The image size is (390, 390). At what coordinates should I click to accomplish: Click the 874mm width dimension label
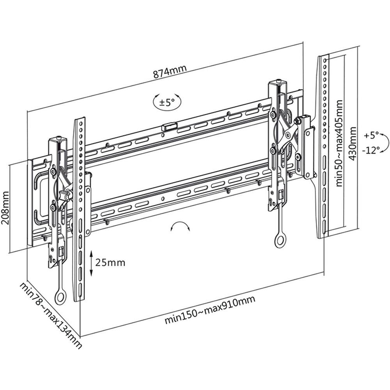(x=170, y=71)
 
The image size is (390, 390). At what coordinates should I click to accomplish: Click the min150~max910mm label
(x=210, y=309)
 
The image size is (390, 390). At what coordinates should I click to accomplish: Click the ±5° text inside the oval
(x=167, y=103)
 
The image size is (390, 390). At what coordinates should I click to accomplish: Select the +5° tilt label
(x=371, y=135)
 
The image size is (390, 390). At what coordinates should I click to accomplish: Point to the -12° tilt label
(x=371, y=150)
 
